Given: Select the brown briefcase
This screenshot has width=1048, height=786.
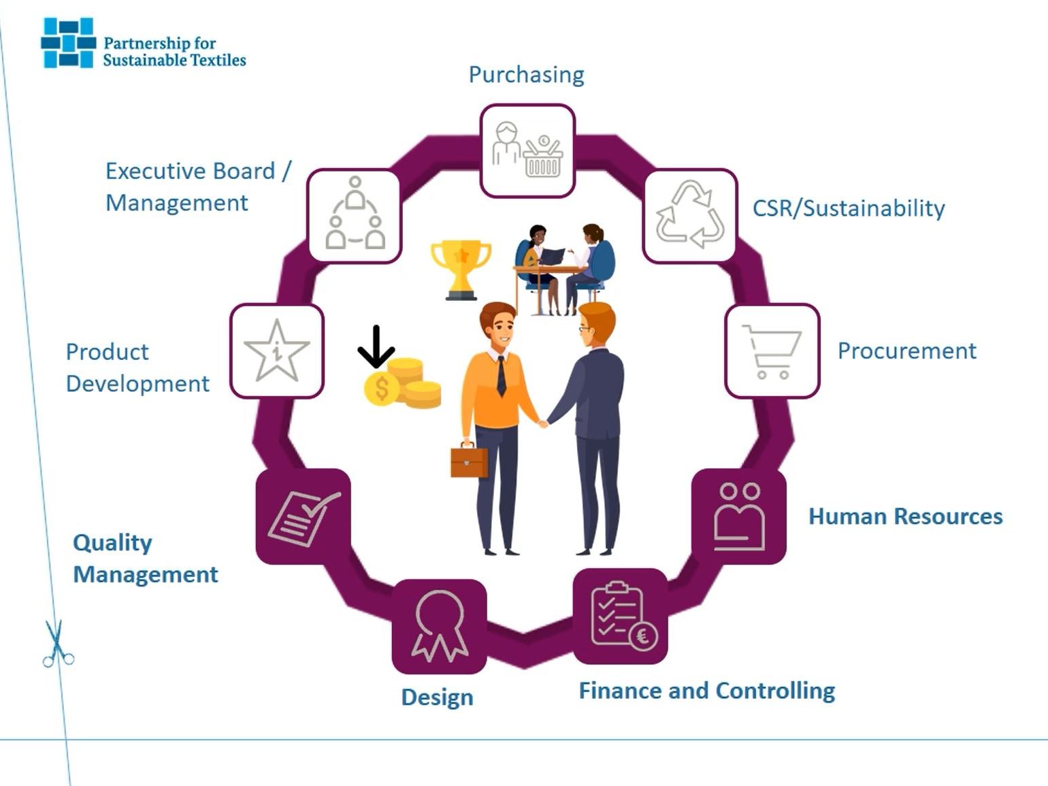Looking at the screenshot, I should [x=469, y=461].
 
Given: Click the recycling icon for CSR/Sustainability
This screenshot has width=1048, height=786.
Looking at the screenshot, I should [x=690, y=215].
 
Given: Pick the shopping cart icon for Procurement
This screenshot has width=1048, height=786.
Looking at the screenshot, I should [x=772, y=351].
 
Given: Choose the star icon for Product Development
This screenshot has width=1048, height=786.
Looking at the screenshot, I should [x=276, y=351].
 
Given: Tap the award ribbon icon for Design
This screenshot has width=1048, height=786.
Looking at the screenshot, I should [x=440, y=626].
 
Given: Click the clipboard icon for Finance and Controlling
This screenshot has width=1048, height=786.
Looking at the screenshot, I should [x=621, y=617].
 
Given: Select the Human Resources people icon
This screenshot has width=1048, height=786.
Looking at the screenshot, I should [x=739, y=517].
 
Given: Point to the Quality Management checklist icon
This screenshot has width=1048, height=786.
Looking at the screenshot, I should [x=303, y=517].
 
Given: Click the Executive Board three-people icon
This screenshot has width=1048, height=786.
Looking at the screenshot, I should [x=355, y=215].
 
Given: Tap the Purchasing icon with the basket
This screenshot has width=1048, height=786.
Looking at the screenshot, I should [x=527, y=150].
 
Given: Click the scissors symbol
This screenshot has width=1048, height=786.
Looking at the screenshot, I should [x=57, y=643].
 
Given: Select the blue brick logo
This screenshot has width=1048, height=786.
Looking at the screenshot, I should [x=67, y=43].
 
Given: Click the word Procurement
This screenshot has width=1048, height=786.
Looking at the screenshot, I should [x=906, y=351].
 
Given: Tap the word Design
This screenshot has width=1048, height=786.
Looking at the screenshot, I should [x=437, y=698].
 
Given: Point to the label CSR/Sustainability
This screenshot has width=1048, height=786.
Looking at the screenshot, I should [x=848, y=208].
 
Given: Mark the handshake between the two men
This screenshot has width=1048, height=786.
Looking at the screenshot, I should [x=543, y=424].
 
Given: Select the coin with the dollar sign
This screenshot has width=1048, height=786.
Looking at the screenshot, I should [x=381, y=389].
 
